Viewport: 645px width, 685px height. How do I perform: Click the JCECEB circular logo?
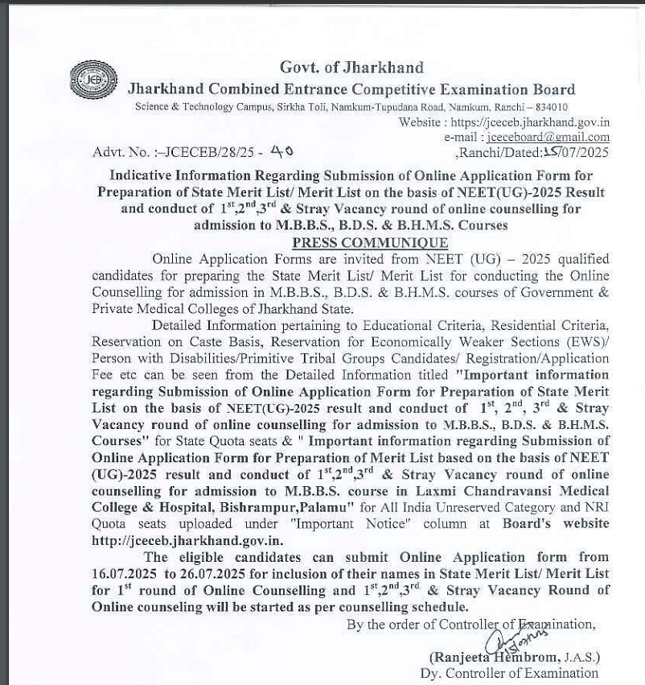coord(93,80)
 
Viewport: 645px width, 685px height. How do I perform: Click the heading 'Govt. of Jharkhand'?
coord(351,68)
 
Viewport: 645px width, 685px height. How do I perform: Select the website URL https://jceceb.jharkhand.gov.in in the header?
coord(530,122)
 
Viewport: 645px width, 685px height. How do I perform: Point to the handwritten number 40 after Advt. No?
coord(281,151)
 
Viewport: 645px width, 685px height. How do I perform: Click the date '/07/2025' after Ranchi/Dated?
coord(584,152)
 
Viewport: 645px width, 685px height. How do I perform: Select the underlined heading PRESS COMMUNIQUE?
coord(370,242)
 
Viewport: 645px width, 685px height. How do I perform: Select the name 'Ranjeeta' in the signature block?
coord(461,657)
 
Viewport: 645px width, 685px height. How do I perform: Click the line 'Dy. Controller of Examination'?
coord(509,673)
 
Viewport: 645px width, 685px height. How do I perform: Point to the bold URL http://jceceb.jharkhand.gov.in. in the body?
coord(187,540)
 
